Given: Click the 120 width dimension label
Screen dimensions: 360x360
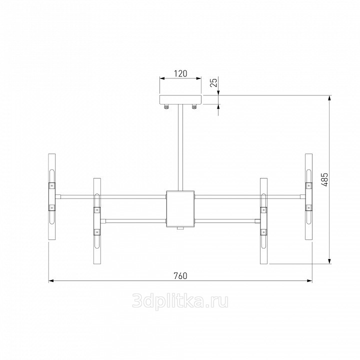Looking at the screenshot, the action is [x=180, y=73].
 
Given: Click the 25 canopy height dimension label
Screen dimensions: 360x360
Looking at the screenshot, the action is [x=213, y=82].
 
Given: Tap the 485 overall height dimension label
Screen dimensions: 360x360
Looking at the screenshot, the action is [x=325, y=180].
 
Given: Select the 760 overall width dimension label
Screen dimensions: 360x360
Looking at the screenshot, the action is [x=180, y=275].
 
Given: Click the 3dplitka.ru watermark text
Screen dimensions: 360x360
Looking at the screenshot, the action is [x=180, y=301].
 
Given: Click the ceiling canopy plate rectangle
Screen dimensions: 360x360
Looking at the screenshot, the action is [x=180, y=99].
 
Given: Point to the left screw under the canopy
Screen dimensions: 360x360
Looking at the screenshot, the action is [x=166, y=106].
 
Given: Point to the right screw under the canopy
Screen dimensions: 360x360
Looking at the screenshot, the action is [x=194, y=106].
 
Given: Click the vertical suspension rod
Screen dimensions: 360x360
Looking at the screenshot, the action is [x=180, y=147].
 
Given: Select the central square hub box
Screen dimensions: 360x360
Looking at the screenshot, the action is [x=180, y=208].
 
